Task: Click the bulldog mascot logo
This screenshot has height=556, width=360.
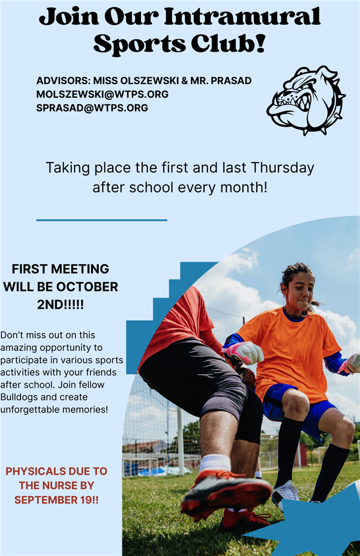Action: pos(306,100)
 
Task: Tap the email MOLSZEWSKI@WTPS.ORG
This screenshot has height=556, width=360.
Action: pos(102,94)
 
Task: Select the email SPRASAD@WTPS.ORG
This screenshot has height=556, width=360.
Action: pos(92,108)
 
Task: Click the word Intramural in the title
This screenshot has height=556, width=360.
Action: pos(242,16)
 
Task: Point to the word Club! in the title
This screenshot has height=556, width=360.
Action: pos(229,44)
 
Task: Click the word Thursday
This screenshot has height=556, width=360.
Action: pos(283,168)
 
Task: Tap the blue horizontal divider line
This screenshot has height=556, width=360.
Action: pos(101,220)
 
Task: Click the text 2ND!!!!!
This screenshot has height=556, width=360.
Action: pos(60,304)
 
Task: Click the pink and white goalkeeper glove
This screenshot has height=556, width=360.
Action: pos(244,353)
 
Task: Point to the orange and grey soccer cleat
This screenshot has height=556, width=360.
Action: pos(226,491)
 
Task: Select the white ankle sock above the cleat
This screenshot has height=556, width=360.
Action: pos(215,463)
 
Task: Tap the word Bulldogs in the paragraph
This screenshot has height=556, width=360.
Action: pos(17,397)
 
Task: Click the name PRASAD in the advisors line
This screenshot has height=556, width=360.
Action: pos(231,80)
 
